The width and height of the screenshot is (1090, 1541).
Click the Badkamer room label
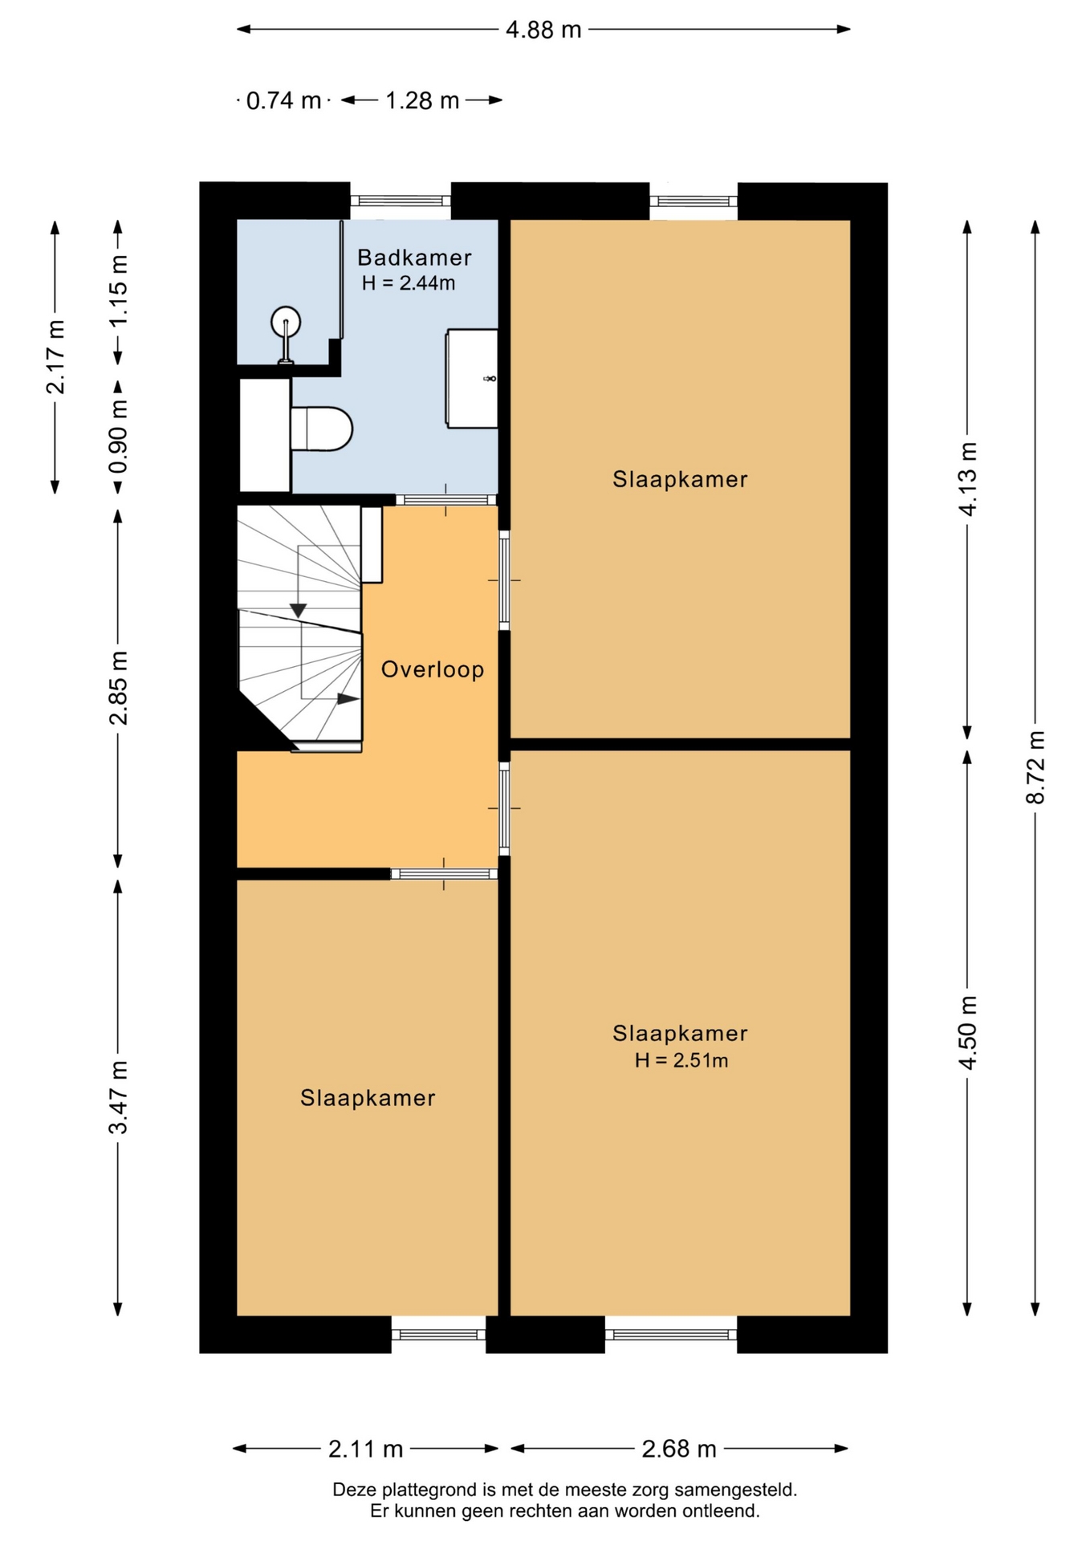[414, 258]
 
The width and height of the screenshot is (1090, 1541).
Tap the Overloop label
[433, 669]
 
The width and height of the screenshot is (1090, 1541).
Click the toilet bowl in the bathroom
[322, 429]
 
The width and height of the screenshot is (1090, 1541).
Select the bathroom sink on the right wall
[472, 377]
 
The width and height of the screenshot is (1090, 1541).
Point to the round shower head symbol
[286, 323]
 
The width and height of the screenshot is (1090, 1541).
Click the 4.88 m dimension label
[543, 30]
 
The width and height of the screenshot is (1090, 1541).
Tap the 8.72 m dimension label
[1035, 767]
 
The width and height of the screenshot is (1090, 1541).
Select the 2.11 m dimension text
[365, 1449]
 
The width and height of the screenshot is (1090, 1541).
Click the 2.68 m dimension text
[679, 1449]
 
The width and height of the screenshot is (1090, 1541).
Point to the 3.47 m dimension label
[118, 1097]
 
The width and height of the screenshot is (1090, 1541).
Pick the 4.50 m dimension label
[968, 1033]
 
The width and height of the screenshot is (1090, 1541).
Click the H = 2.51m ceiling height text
[681, 1060]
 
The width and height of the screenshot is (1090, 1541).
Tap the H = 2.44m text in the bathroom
[409, 283]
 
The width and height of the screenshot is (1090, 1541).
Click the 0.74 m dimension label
[283, 101]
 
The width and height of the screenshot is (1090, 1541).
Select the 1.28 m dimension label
[422, 101]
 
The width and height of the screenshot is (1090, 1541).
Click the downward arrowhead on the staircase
[298, 611]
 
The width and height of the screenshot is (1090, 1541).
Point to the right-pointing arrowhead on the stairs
[348, 699]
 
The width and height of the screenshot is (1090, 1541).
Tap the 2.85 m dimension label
[118, 688]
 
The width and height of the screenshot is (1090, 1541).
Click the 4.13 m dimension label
[968, 479]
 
